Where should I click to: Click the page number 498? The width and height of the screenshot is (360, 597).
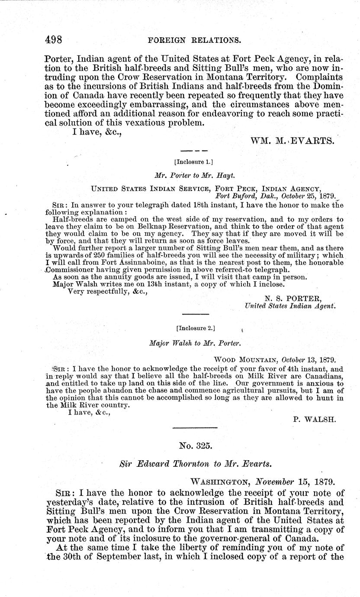[x=54, y=40]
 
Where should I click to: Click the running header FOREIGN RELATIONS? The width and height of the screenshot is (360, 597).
[x=194, y=41]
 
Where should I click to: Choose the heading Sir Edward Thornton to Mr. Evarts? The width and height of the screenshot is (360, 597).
[x=194, y=462]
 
